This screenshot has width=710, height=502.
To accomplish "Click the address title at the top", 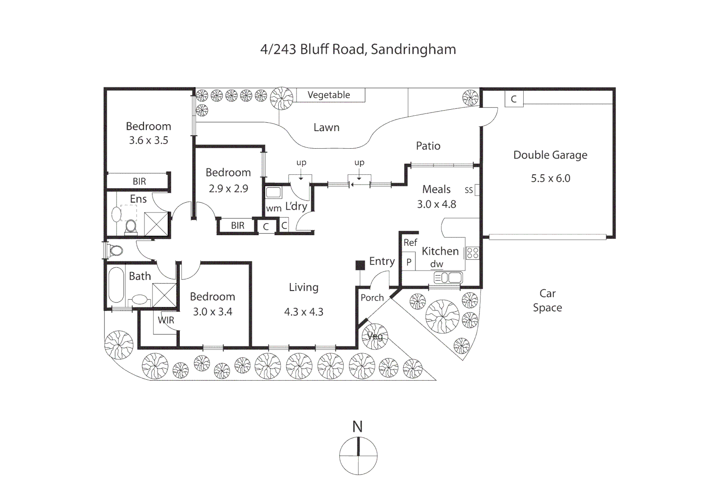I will (358, 49).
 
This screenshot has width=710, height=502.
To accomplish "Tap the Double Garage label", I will (550, 155).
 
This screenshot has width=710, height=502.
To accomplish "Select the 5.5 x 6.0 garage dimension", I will (550, 178).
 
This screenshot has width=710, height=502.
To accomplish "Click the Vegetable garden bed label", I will (329, 95).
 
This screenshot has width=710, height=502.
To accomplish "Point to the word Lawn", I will (326, 128).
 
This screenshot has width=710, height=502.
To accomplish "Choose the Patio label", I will (428, 146).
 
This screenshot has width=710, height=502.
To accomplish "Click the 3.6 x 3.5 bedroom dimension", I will (148, 140).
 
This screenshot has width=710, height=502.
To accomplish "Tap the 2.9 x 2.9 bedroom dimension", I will (228, 189).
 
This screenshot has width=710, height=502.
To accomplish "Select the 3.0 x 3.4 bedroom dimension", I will (212, 312).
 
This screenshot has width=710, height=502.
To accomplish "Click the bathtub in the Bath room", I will (116, 284).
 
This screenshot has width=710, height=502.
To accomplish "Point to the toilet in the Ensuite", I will (131, 226).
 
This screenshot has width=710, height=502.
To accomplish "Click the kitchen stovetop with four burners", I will (473, 253).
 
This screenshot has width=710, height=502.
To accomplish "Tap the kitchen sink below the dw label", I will (448, 278).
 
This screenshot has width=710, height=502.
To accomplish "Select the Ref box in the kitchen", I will (410, 243).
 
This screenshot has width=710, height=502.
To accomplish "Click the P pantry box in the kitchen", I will (408, 262).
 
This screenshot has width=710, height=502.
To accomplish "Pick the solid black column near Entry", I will (360, 265).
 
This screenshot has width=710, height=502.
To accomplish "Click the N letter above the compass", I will (357, 427).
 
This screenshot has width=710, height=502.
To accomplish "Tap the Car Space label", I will (547, 300).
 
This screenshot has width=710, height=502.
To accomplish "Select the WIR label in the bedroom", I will (166, 320).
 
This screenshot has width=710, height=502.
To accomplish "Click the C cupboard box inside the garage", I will (513, 99).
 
